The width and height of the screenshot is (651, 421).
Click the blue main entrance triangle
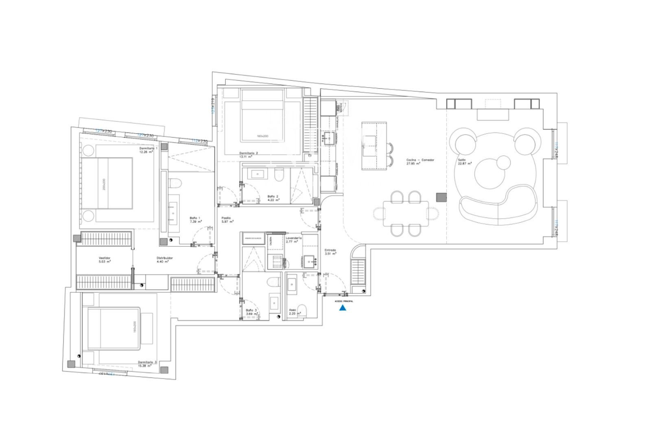[x=343, y=308]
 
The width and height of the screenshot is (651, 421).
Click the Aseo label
[x=292, y=310]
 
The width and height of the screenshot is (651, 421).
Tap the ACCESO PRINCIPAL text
[x=344, y=301]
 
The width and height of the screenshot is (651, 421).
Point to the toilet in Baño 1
[x=175, y=184]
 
